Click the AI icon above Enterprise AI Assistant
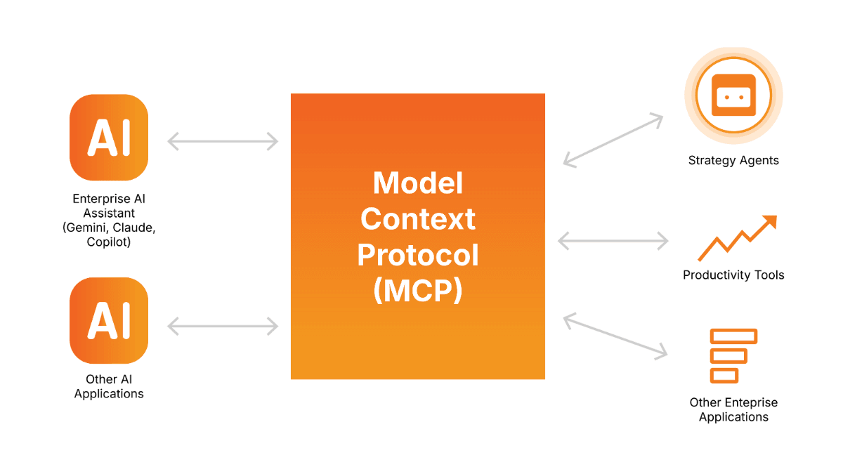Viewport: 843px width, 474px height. click(109, 138)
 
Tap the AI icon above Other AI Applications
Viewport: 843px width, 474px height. click(109, 320)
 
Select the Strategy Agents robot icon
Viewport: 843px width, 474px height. click(733, 96)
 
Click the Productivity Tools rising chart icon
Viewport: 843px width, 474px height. click(737, 238)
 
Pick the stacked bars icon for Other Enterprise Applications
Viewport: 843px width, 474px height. click(733, 356)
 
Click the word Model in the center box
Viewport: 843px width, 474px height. click(418, 183)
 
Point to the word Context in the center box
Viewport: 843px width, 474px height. click(418, 219)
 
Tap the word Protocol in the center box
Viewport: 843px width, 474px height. click(418, 255)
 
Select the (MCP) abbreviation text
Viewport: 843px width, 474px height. click(418, 291)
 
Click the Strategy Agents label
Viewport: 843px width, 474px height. click(733, 160)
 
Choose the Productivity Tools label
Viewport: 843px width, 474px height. click(733, 275)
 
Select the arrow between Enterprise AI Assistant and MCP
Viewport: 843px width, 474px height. click(223, 141)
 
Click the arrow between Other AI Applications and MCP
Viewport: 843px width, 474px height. click(223, 326)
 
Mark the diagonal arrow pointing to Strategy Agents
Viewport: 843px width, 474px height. click(613, 140)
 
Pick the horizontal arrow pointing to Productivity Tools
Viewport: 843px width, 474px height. click(613, 241)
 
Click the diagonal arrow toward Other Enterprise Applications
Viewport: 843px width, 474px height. click(615, 336)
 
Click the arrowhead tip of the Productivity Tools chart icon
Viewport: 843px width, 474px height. click(777, 216)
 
